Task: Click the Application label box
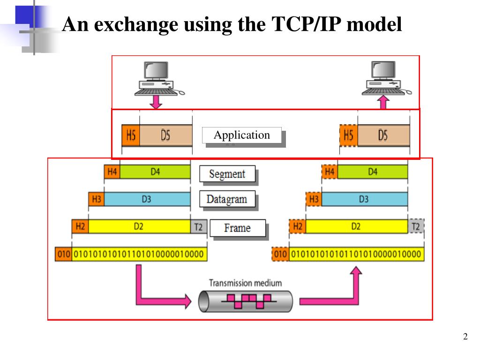[x=242, y=135]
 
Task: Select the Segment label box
[x=227, y=174]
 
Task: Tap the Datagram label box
[x=227, y=199]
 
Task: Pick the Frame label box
[x=237, y=228]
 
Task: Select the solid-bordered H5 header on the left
[x=131, y=135]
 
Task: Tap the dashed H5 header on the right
[x=348, y=135]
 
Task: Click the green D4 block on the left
[x=155, y=172]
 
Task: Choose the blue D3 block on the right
[x=364, y=200]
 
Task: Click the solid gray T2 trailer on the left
[x=198, y=227]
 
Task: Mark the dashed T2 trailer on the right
[x=416, y=227]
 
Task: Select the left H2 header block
[x=80, y=226]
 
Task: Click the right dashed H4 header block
[x=330, y=172]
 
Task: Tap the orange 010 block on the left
[x=63, y=255]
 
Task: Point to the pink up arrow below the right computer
[x=384, y=102]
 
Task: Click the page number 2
[x=465, y=337]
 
